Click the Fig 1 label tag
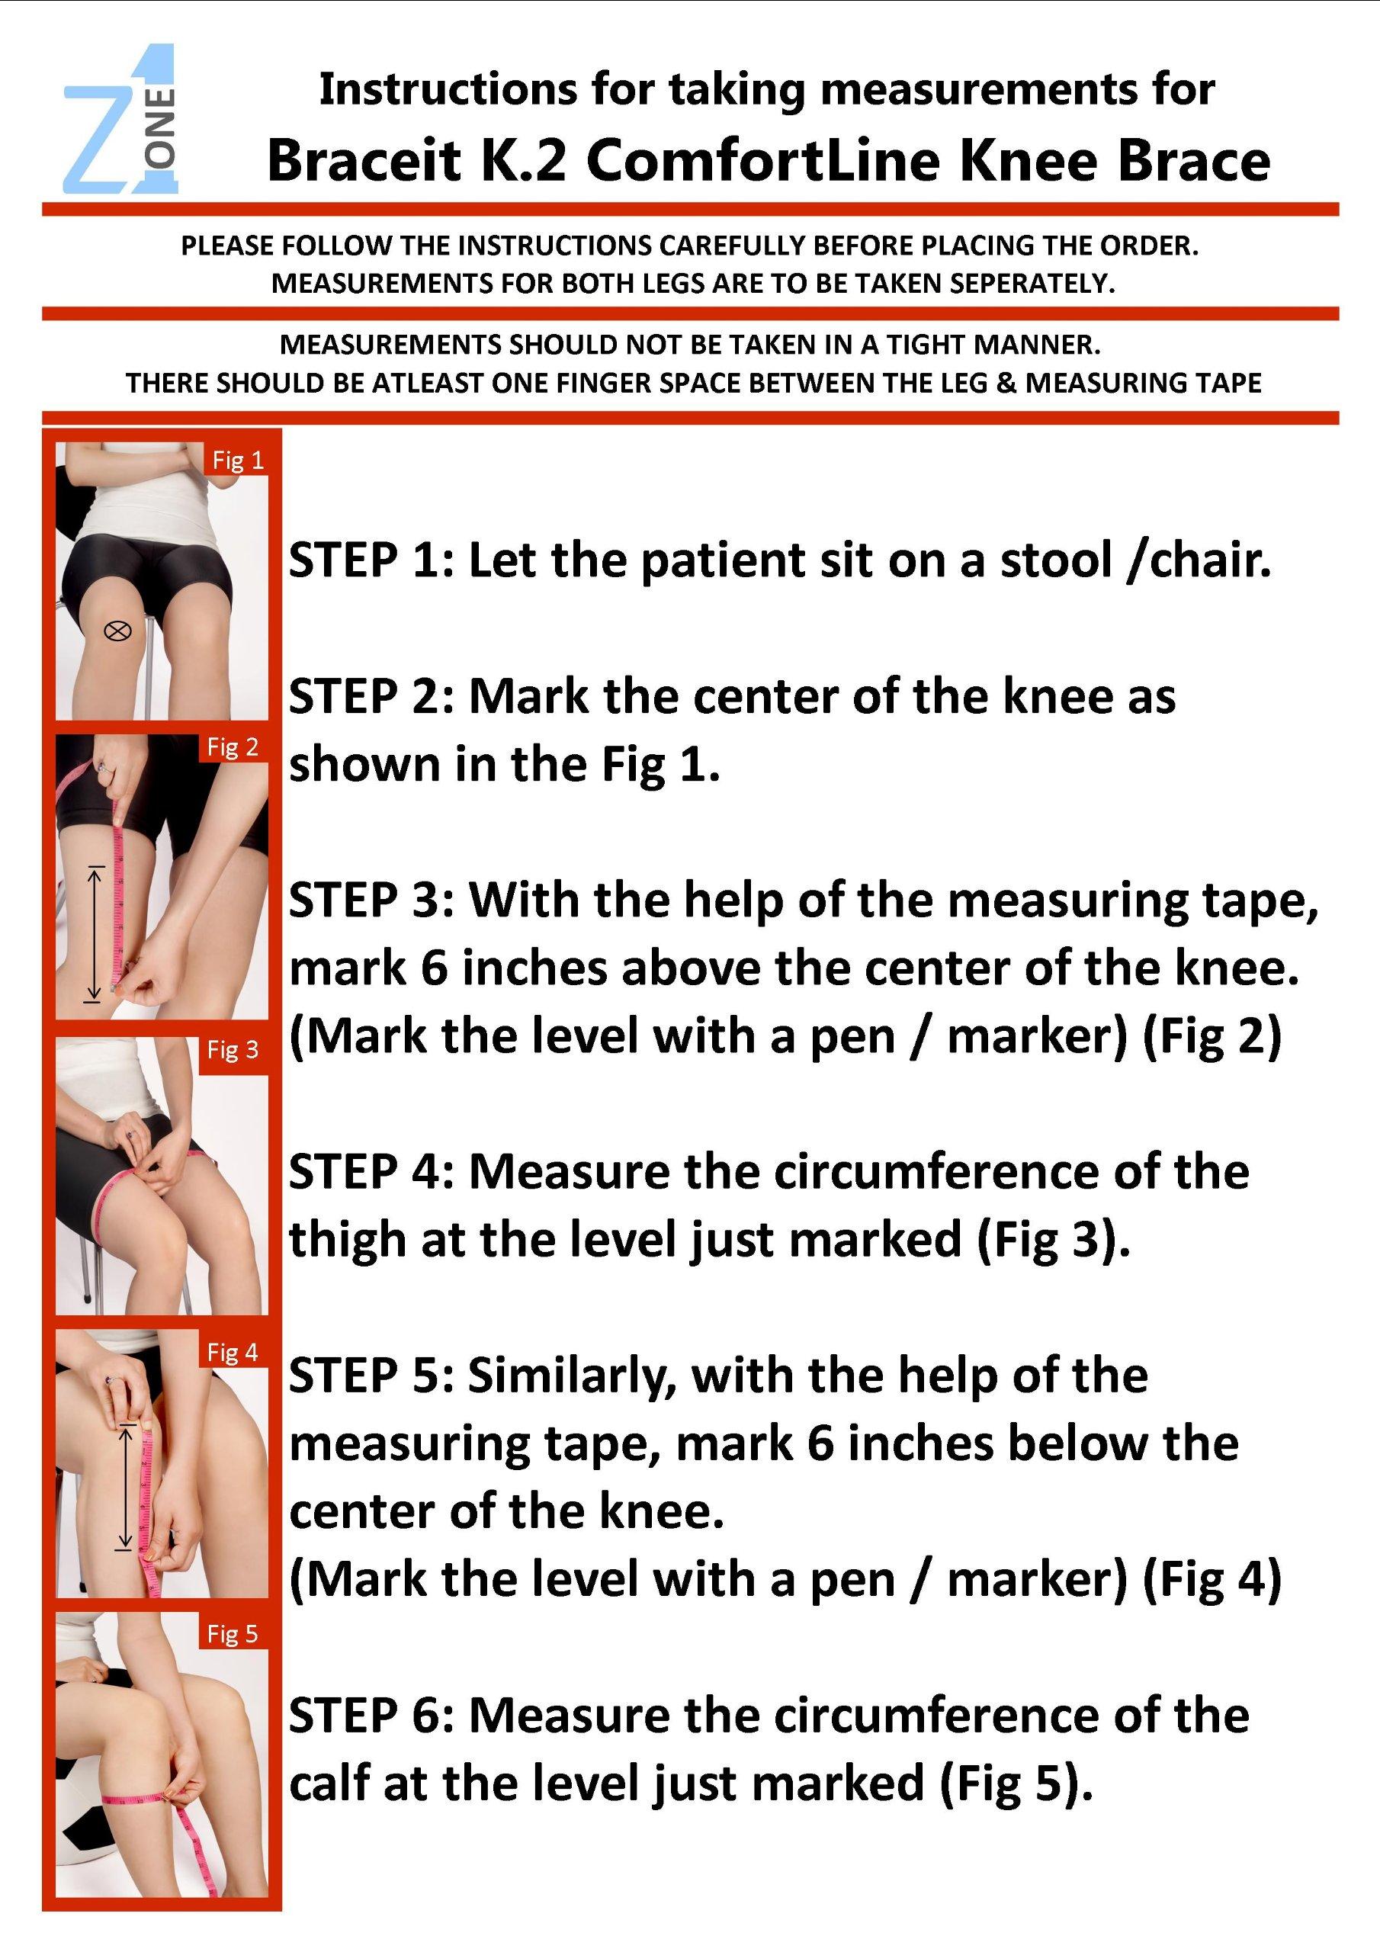pyautogui.click(x=237, y=460)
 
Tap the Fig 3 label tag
pyautogui.click(x=232, y=1050)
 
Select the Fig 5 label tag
pyautogui.click(x=232, y=1633)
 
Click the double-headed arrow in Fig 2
pyautogui.click(x=95, y=933)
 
